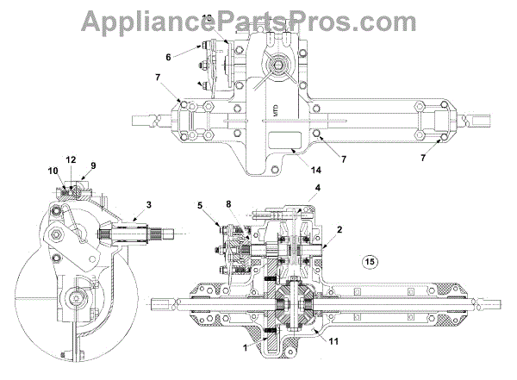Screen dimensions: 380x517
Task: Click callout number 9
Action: click(x=93, y=166)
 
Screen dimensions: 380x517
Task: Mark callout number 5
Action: click(x=199, y=207)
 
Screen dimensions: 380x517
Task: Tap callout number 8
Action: click(x=228, y=204)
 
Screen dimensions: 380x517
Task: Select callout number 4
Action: click(x=293, y=188)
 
